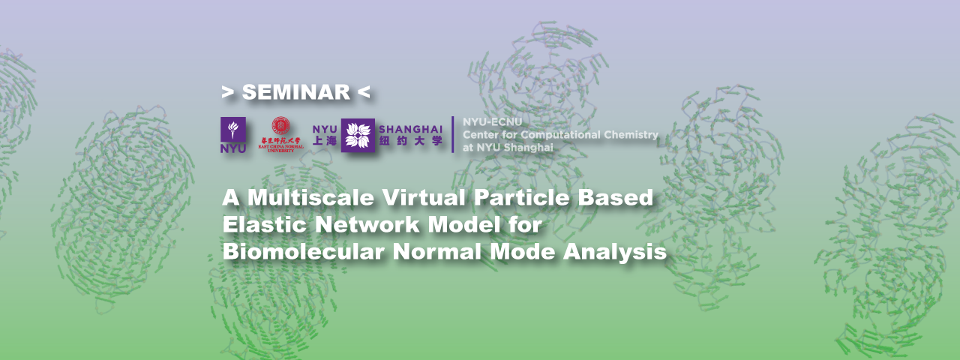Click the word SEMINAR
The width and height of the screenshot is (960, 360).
295,92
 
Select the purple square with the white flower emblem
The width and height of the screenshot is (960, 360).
358,135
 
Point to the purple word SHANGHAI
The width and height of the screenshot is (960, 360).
410,129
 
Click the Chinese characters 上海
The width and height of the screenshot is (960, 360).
325,141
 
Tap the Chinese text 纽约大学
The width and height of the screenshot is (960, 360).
410,141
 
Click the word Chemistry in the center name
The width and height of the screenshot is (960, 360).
632,135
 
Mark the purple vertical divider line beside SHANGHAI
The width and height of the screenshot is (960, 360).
452,135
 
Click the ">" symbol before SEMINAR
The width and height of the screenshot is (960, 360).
227,92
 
